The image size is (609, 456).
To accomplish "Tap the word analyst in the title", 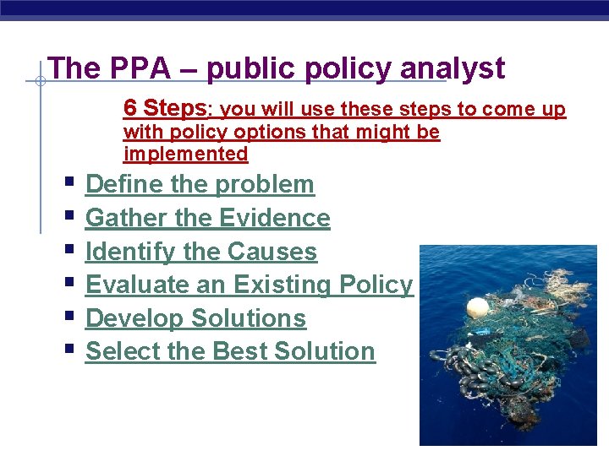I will (453, 68).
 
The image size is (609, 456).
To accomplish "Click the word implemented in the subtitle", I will (185, 154).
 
